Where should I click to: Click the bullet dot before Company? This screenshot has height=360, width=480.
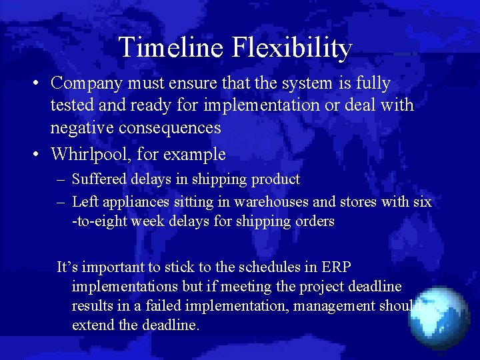[x=39, y=84]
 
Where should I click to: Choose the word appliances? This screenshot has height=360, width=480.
[x=133, y=201]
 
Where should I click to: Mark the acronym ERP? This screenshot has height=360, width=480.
[x=335, y=267]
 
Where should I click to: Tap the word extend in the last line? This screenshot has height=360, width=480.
[x=94, y=325]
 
